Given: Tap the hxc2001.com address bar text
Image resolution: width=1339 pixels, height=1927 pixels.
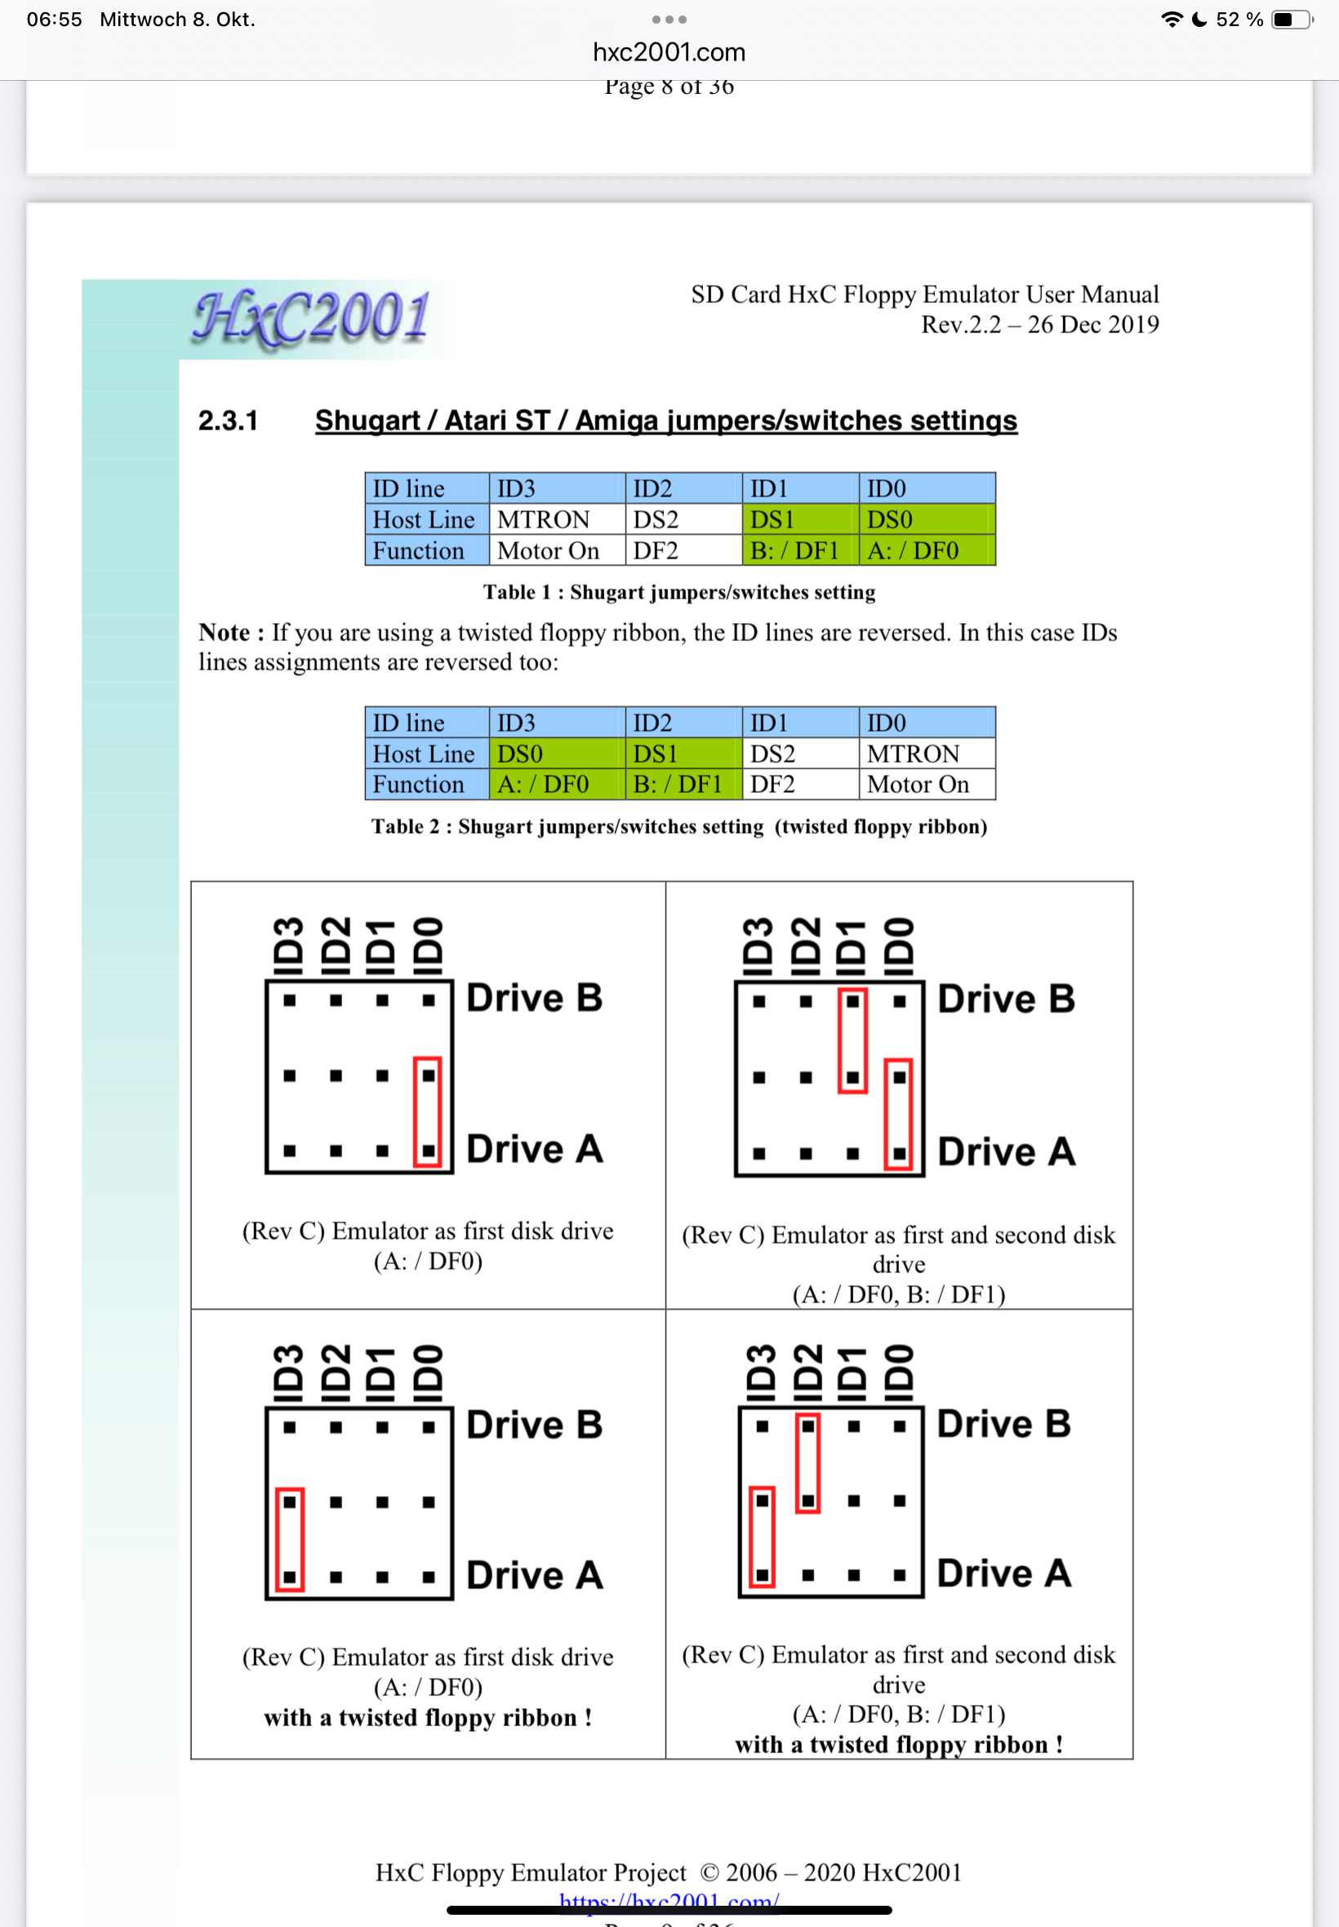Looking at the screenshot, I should [669, 52].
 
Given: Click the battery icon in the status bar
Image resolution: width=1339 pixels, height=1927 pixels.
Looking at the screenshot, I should [1289, 20].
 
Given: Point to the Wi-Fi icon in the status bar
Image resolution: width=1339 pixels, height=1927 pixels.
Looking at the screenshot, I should [1171, 20].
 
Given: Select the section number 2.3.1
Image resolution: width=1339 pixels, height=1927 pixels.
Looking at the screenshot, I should [227, 421].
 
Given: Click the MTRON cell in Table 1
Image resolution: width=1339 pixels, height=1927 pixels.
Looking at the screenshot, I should [544, 519].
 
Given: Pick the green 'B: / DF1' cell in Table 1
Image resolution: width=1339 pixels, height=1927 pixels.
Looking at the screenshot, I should [794, 550].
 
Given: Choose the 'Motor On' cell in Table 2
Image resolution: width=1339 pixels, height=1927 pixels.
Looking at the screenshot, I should [918, 785].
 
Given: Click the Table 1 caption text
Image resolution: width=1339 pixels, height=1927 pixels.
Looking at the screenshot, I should [678, 592].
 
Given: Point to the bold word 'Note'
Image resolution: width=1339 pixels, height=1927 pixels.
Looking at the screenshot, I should [224, 633].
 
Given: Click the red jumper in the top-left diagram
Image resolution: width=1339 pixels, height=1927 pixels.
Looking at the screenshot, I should [428, 1111].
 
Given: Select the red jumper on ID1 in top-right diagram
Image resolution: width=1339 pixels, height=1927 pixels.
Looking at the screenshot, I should [852, 1039].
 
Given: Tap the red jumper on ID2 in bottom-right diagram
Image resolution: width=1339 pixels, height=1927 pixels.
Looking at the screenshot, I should [808, 1463].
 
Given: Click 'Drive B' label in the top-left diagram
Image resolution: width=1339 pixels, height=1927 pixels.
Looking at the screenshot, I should [535, 999].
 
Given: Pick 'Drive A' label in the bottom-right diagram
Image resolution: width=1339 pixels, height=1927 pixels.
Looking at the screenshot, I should [1003, 1573].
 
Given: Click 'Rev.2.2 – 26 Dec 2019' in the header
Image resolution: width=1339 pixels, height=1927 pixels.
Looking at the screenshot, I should [1039, 325].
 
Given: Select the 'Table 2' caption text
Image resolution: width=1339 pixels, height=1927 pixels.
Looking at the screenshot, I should [678, 826].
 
